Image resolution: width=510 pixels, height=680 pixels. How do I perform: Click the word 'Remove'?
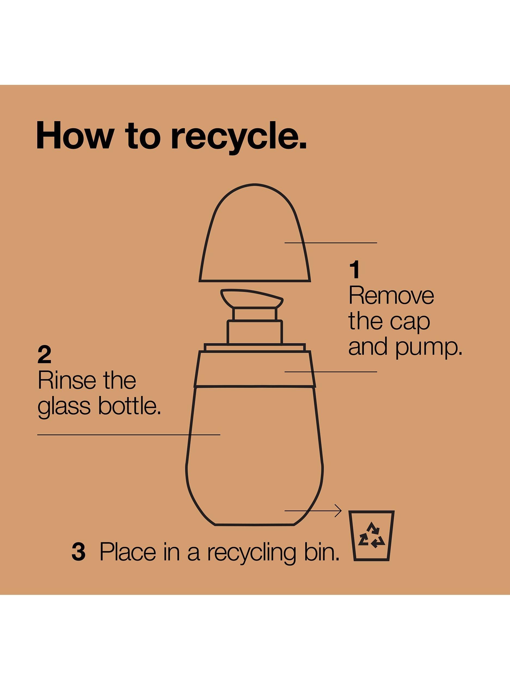pyautogui.click(x=391, y=296)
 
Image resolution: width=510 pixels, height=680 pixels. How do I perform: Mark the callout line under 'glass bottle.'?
pyautogui.click(x=129, y=435)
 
